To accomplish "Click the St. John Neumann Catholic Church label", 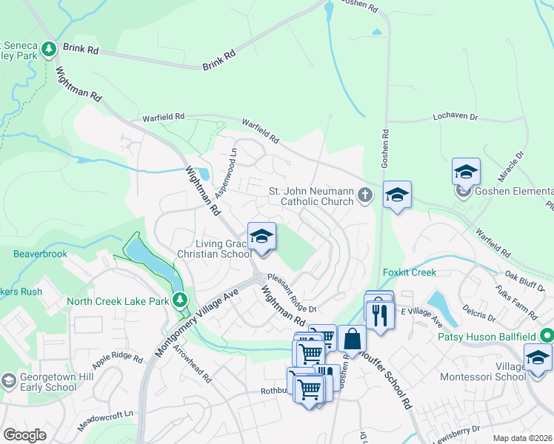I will pyautogui.click(x=310, y=196).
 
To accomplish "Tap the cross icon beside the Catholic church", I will pyautogui.click(x=364, y=195).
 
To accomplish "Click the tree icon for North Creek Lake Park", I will pyautogui.click(x=179, y=300).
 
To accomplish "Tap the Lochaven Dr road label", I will pyautogui.click(x=455, y=117).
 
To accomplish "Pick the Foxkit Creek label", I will pyautogui.click(x=410, y=272).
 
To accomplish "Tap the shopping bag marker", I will pyautogui.click(x=352, y=338).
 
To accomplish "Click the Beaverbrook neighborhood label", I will pyautogui.click(x=40, y=254).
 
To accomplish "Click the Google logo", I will pyautogui.click(x=24, y=435).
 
